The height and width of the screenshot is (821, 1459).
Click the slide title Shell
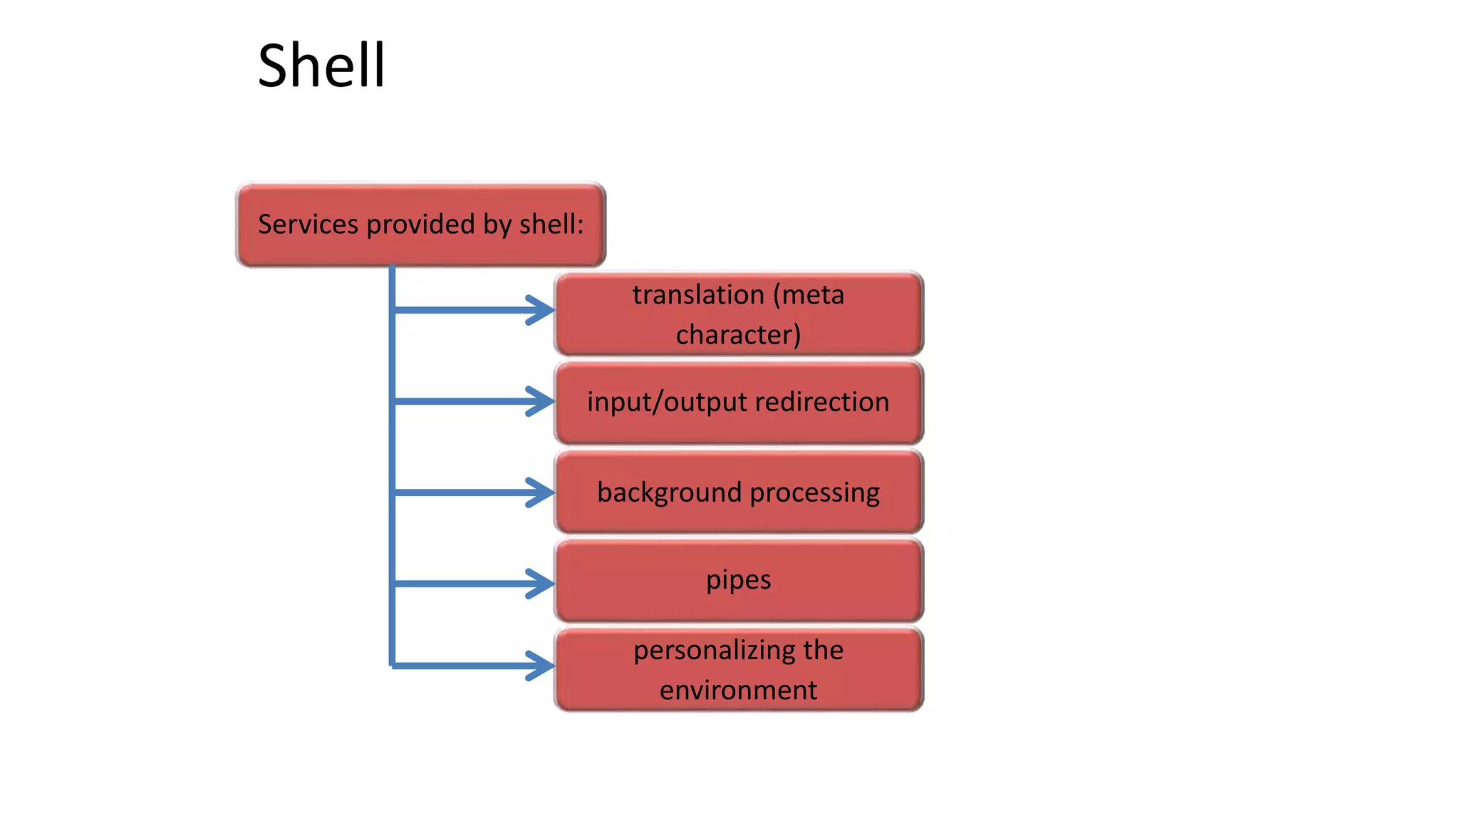tap(321, 66)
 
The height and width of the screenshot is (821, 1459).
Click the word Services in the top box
tap(308, 224)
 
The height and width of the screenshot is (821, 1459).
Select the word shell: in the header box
tap(551, 224)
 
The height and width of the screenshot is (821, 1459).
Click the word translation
tap(698, 295)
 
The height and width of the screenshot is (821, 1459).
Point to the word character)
tap(738, 335)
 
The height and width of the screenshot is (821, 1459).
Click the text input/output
tap(667, 403)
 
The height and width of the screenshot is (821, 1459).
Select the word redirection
tap(822, 402)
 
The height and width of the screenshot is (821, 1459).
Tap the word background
tap(670, 493)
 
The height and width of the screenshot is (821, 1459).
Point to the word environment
tap(738, 691)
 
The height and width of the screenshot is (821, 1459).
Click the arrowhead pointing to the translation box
tap(541, 310)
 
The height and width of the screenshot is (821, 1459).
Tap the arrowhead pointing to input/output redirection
tap(541, 401)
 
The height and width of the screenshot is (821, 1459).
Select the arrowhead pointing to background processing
tap(541, 492)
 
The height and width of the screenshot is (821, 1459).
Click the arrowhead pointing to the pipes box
tap(541, 584)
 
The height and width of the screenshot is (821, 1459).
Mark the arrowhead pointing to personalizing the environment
tap(541, 666)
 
